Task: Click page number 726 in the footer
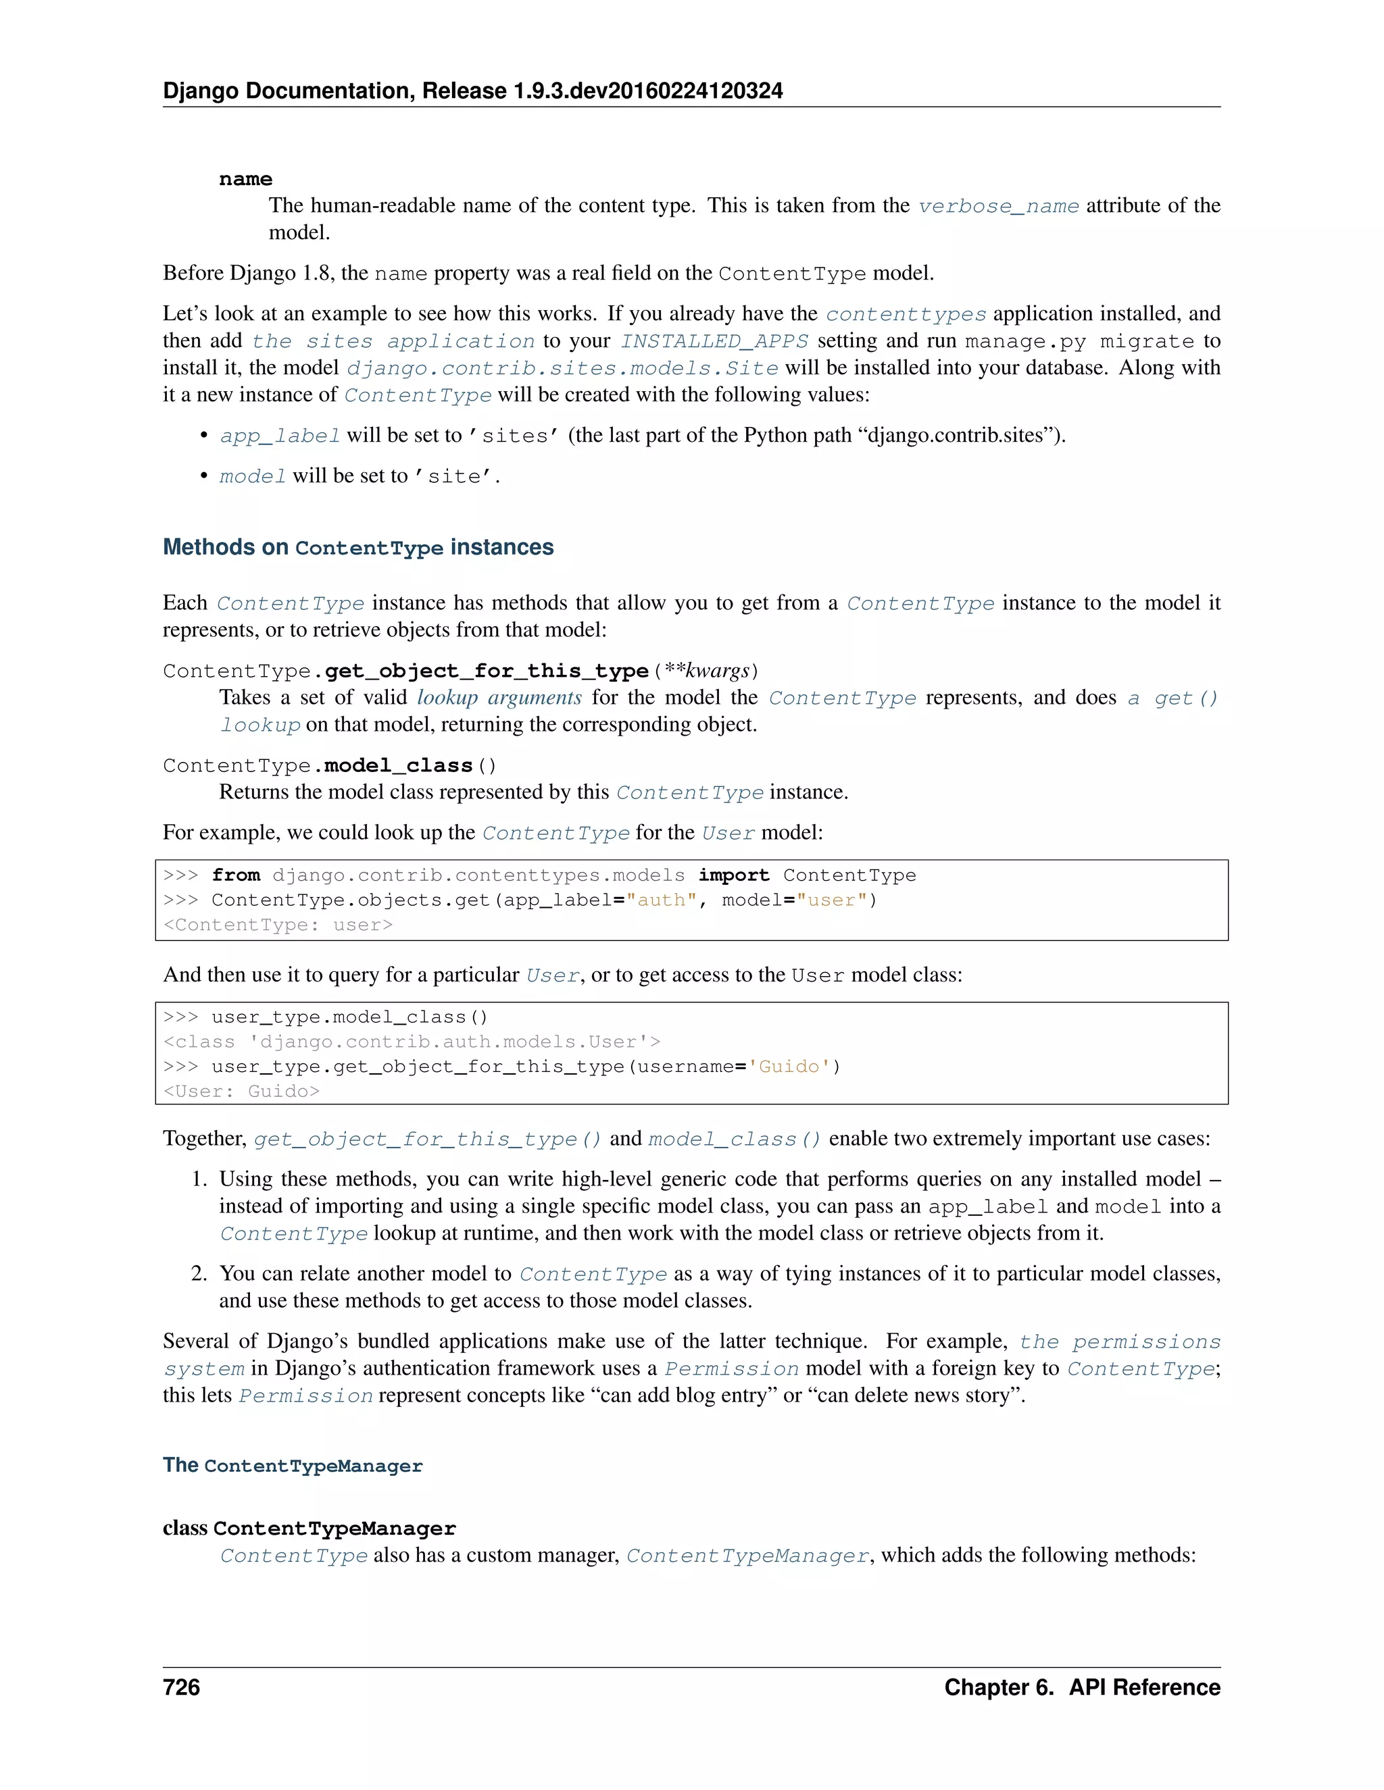point(181,1687)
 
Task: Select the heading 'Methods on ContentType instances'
point(357,548)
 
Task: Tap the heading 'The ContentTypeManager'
point(293,1466)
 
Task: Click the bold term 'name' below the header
point(245,180)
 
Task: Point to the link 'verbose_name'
point(998,206)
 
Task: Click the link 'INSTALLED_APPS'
point(714,341)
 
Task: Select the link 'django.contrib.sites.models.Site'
point(562,368)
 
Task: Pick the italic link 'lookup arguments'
point(499,698)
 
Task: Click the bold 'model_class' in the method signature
point(399,765)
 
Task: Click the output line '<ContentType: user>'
point(278,925)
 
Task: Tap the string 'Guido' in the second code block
point(789,1067)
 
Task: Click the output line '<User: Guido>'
point(241,1091)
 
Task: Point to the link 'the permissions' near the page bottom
point(1119,1341)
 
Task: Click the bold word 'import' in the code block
point(733,875)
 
